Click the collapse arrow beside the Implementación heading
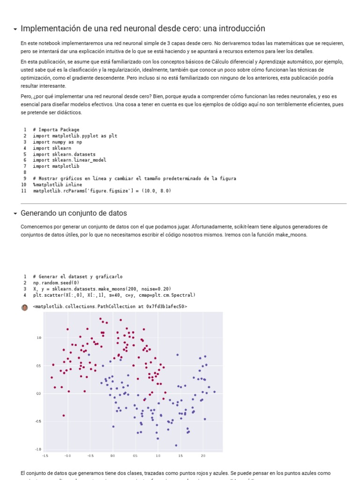[x=15, y=29]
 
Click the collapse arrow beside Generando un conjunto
[x=15, y=214]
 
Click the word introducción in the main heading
[x=240, y=29]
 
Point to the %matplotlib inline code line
[x=57, y=185]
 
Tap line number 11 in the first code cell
[x=24, y=191]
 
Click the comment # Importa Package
[x=56, y=130]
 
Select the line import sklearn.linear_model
[x=69, y=160]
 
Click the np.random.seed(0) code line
[x=56, y=283]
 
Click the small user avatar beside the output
[x=25, y=307]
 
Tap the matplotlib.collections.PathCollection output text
[x=110, y=307]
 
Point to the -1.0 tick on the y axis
[x=39, y=449]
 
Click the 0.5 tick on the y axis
[x=39, y=366]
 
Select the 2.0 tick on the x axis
[x=203, y=456]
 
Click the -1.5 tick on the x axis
[x=45, y=456]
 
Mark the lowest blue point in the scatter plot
[x=176, y=445]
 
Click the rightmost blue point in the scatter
[x=214, y=392]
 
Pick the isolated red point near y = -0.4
[x=64, y=415]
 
